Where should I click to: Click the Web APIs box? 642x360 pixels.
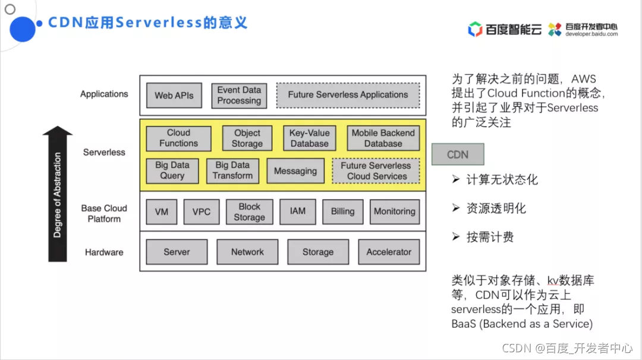174,95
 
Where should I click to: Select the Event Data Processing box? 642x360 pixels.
239,96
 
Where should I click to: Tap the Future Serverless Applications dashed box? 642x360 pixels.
348,95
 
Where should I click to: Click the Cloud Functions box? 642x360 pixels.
178,138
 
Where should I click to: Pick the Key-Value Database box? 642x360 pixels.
310,138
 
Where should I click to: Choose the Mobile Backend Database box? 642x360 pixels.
383,138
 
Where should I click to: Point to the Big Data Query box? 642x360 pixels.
172,170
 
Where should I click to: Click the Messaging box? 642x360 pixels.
295,170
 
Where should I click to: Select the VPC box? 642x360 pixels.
202,212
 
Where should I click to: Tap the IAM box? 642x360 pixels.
298,211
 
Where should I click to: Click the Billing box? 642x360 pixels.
343,211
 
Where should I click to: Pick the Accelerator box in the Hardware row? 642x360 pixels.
389,252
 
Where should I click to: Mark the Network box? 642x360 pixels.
247,252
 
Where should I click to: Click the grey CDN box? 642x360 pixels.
458,154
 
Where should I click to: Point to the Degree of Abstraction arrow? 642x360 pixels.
57,194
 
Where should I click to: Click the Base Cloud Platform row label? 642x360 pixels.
104,213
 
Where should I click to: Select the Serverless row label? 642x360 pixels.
104,152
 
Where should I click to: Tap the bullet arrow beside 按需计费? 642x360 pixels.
456,236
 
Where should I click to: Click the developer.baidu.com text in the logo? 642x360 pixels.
591,34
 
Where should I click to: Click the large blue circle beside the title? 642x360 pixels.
23,29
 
